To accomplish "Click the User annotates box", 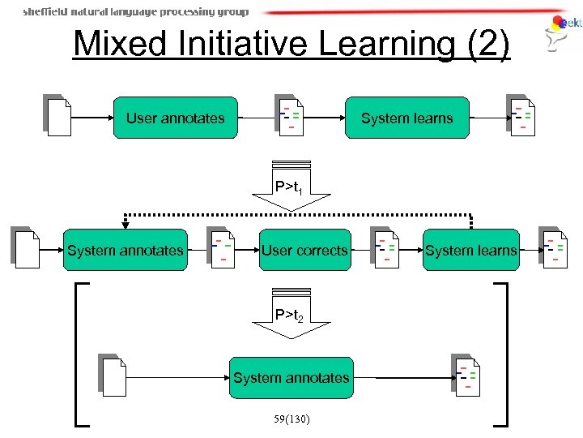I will click(175, 118).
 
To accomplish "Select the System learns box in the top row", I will click(407, 118).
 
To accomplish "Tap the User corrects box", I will click(304, 251).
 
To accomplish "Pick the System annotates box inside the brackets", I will click(291, 377).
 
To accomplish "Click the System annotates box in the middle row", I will click(126, 251).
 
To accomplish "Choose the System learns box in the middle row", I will click(471, 251).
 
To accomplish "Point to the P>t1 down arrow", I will click(291, 193).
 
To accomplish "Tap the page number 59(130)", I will click(291, 419).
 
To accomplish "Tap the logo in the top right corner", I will click(564, 31).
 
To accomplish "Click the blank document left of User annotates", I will click(58, 117).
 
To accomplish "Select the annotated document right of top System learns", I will click(521, 117).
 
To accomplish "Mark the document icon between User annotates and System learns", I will click(289, 117).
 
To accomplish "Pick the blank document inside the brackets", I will click(113, 376).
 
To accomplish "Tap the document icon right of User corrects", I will click(385, 248).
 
